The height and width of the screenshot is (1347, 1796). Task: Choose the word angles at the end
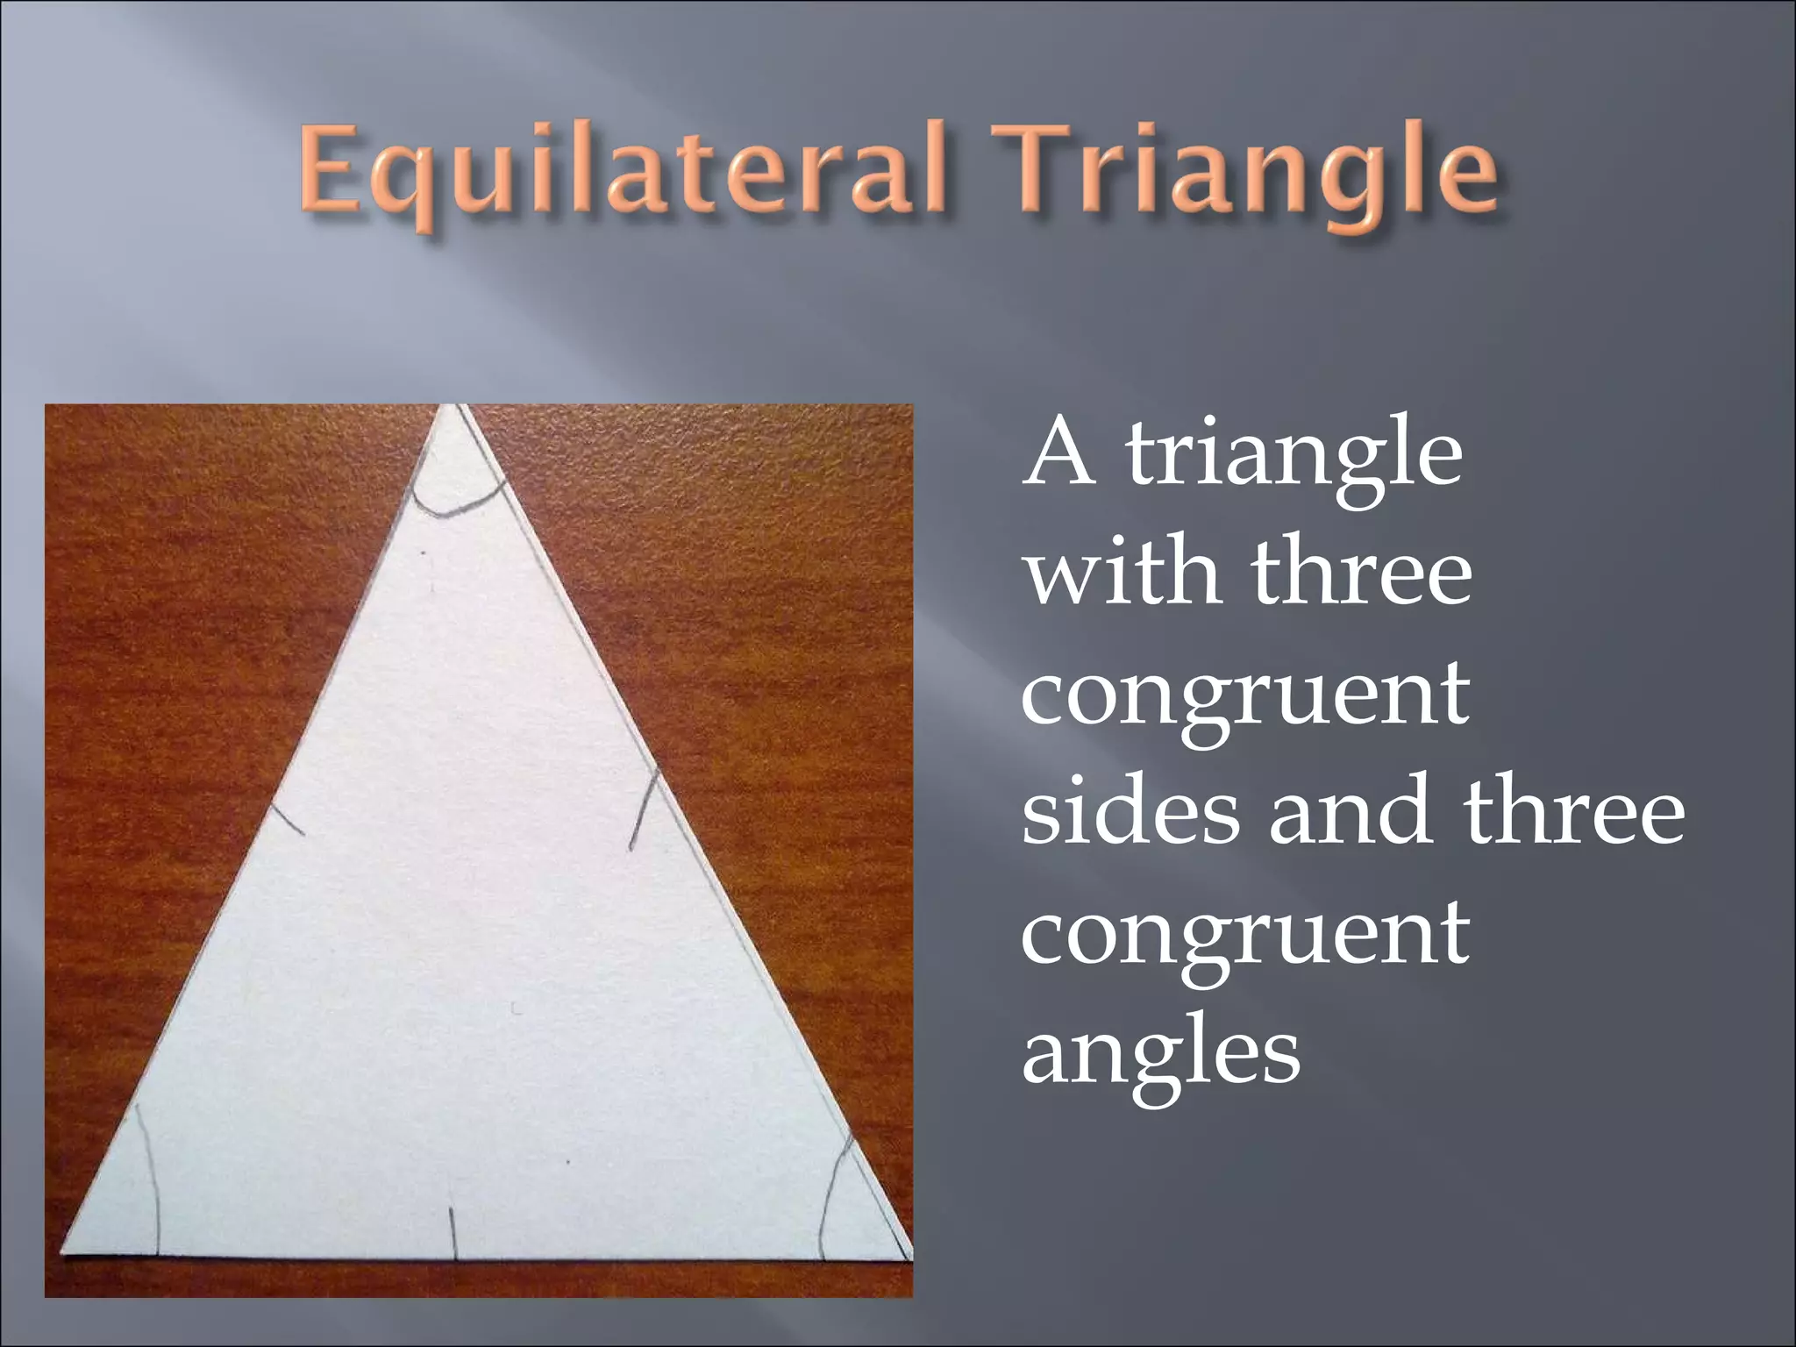1161,1052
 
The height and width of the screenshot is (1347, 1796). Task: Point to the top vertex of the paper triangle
450,409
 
